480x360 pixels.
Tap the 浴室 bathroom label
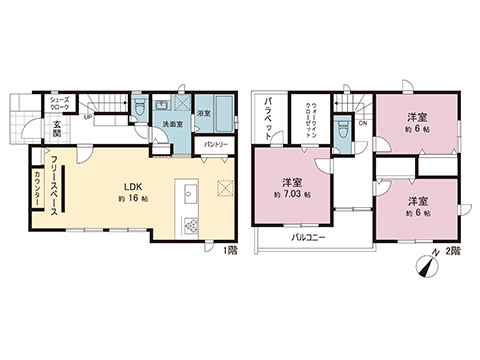[x=203, y=113]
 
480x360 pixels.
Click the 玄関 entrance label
[x=59, y=128]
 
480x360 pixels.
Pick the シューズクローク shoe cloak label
[x=59, y=104]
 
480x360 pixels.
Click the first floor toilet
[x=141, y=106]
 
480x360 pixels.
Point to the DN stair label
[x=362, y=123]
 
